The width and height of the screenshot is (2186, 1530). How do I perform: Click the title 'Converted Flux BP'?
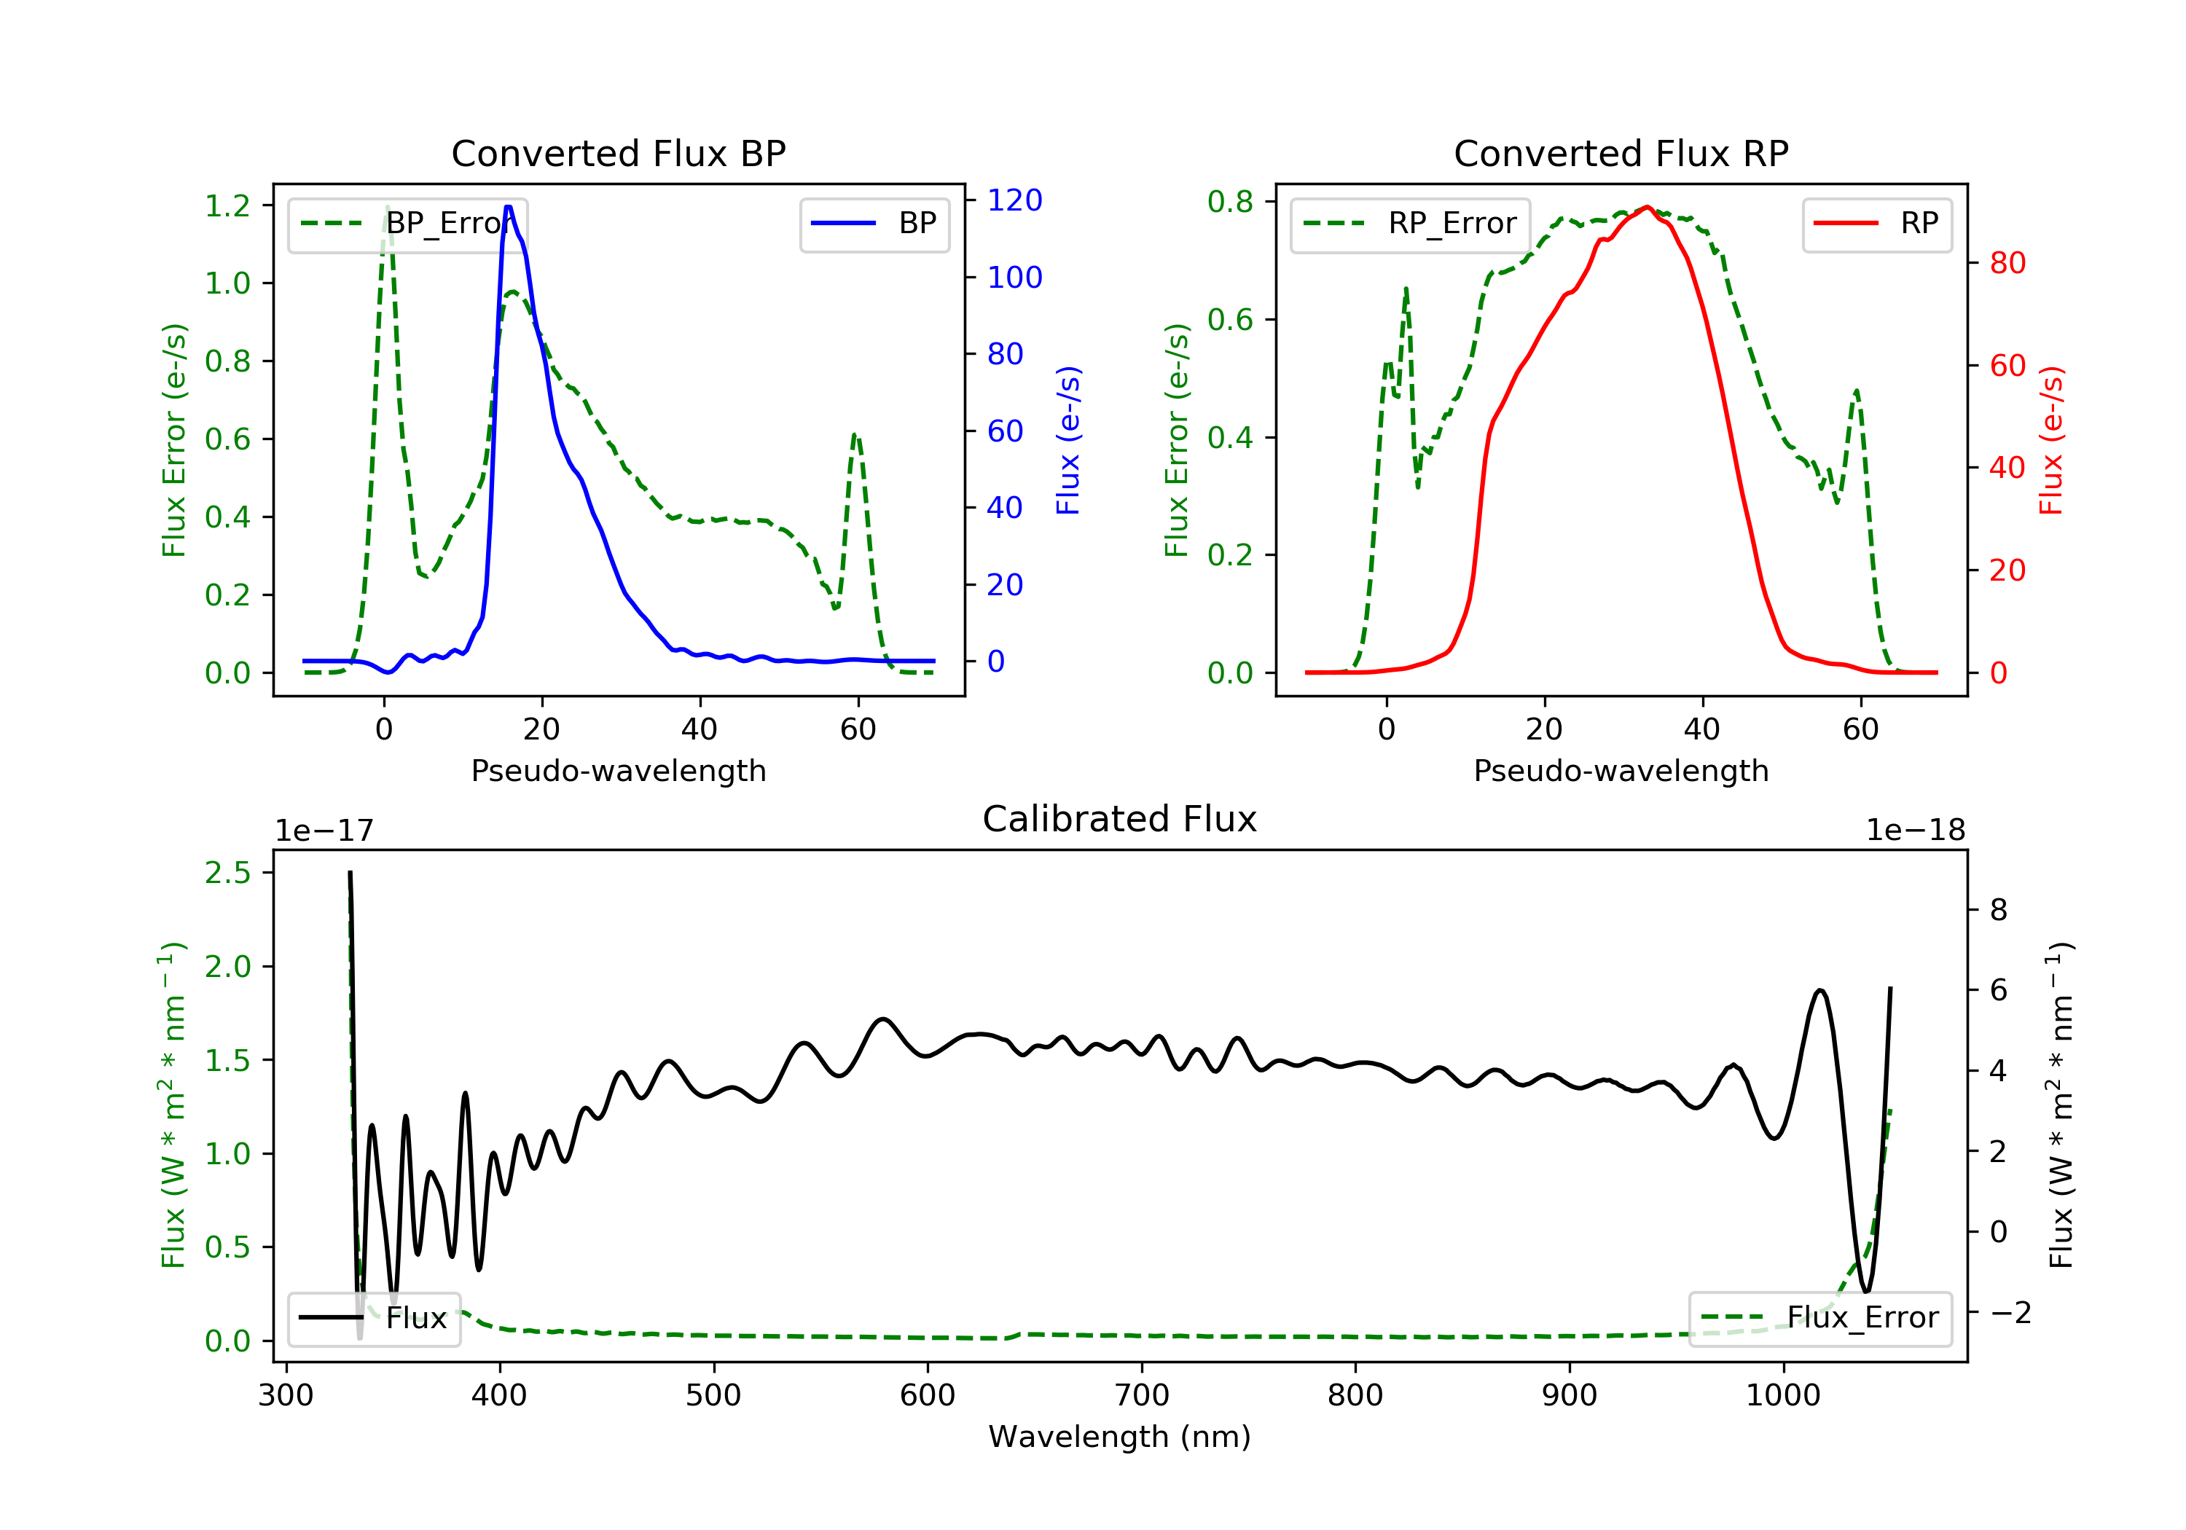[x=618, y=153]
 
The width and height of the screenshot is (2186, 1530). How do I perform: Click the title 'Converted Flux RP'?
[x=1621, y=153]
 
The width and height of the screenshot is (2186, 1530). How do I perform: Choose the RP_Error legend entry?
[x=1410, y=224]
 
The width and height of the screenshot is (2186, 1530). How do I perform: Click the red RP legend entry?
[x=1876, y=224]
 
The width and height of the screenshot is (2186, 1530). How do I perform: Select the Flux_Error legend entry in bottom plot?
[x=1819, y=1318]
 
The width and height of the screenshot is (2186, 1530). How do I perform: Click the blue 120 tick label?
[x=1014, y=200]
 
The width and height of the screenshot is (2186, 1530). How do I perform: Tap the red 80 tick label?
[x=2007, y=263]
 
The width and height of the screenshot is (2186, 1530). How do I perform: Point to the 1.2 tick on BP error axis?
[x=227, y=205]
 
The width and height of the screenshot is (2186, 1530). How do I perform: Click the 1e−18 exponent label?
[x=1915, y=831]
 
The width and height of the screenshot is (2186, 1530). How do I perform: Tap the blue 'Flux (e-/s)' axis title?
[x=1068, y=440]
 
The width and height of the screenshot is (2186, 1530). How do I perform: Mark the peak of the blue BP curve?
[x=509, y=207]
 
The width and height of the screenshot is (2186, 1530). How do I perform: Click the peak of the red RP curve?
[x=1647, y=207]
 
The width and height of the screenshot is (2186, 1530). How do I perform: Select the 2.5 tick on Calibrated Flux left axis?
[x=227, y=873]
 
